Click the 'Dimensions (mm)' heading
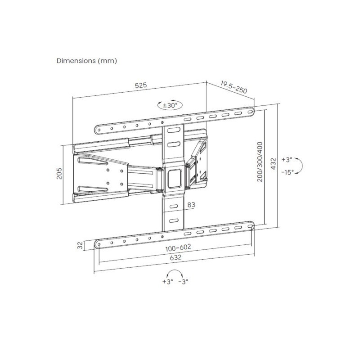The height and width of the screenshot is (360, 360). tap(87, 61)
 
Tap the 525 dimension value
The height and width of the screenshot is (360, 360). tap(141, 85)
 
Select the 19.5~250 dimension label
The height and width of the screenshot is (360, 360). tap(234, 87)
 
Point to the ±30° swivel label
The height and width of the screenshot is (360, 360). tap(170, 106)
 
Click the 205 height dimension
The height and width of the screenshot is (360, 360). tap(59, 173)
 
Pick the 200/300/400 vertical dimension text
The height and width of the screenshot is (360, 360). tap(260, 162)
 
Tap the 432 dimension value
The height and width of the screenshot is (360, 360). tap(274, 163)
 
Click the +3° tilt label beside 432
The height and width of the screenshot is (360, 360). tap(287, 159)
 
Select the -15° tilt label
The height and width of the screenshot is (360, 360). tap(288, 172)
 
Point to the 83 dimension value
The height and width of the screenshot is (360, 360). tap(191, 204)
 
